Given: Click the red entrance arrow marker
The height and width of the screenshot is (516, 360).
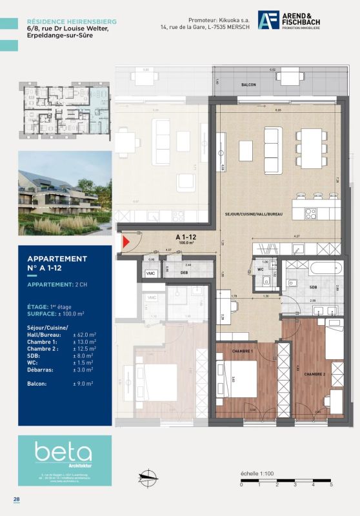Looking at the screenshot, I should click(126, 243).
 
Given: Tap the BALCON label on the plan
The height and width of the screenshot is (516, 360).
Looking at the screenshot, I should click(249, 85).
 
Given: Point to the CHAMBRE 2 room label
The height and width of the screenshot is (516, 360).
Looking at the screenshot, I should click(315, 374).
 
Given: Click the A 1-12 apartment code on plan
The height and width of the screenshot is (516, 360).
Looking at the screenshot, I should click(186, 237).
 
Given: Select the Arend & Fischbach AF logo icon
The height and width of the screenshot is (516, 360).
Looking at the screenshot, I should click(268, 20).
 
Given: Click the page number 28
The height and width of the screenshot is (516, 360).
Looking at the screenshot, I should click(16, 499).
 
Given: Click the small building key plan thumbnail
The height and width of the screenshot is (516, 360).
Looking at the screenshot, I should click(65, 114).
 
